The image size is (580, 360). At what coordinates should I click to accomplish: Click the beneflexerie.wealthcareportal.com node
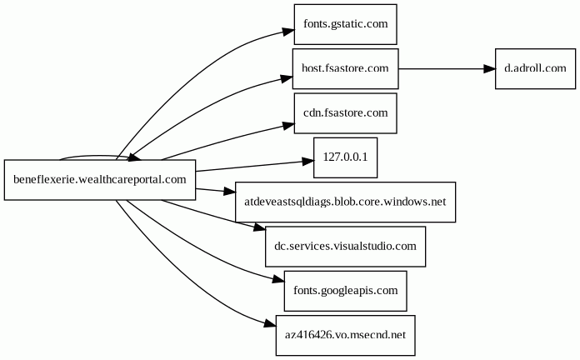point(99,179)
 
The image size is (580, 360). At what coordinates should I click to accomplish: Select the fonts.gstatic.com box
point(345,24)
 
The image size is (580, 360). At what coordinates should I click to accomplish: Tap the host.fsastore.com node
point(345,68)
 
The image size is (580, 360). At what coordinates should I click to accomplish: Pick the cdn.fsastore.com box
point(345,112)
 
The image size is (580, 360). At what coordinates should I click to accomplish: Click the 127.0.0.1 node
point(345,157)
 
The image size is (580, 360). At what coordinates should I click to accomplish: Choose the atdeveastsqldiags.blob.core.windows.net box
point(345,202)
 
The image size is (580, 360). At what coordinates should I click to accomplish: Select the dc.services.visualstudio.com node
point(345,247)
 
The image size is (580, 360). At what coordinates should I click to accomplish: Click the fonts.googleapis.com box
point(345,291)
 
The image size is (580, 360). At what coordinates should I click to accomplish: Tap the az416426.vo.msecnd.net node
point(345,336)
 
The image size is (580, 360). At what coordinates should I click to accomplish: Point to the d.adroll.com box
point(535,68)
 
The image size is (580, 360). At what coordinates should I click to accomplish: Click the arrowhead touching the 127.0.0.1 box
point(306,161)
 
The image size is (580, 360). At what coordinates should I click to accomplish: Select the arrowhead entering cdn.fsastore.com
point(287,125)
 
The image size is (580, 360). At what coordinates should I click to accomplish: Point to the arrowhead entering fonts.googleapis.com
point(277,280)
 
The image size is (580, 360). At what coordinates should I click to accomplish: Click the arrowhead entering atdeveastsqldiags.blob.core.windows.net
point(228,192)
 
